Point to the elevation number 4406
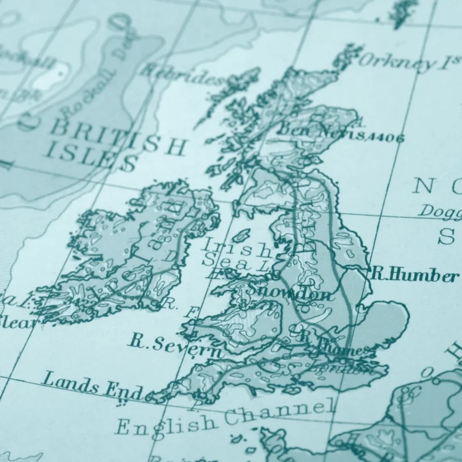(x=385, y=138)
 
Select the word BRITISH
(x=118, y=138)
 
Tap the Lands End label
(x=93, y=384)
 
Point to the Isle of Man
(x=241, y=235)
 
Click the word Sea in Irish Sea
(x=226, y=262)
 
